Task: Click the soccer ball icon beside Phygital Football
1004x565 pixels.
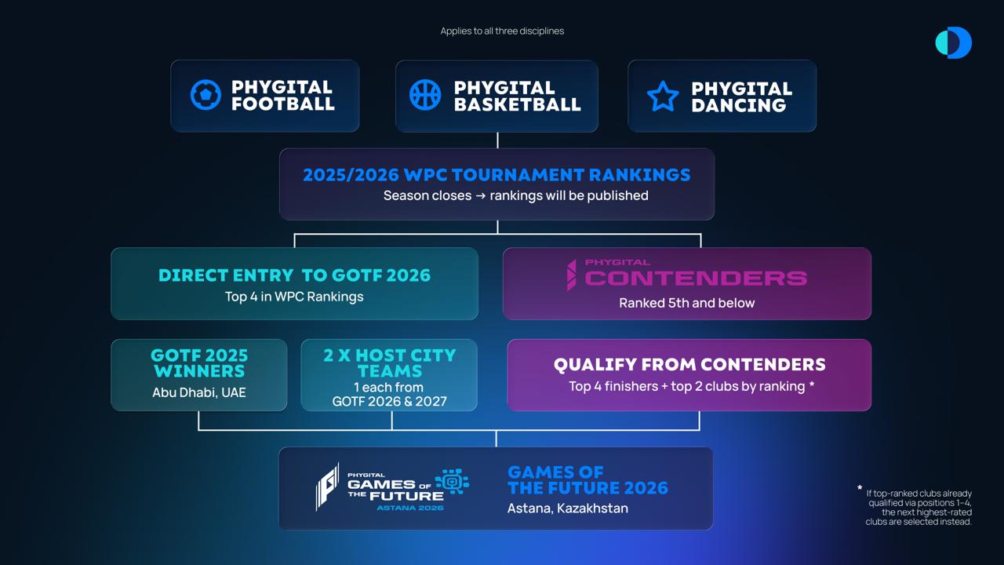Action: [x=206, y=95]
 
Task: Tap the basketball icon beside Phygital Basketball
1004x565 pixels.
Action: [x=425, y=95]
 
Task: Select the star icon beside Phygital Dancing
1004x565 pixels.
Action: [x=663, y=96]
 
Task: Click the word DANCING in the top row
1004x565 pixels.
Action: [x=739, y=106]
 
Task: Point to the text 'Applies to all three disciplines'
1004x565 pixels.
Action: [x=502, y=31]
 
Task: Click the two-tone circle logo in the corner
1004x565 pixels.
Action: [x=953, y=42]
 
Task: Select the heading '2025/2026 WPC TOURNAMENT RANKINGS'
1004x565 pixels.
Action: [x=497, y=175]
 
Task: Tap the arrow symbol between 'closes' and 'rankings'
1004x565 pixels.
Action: [x=481, y=196]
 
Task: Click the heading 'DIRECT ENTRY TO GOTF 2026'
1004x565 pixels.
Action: [x=294, y=275]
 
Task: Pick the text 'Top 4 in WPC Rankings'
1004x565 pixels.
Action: [x=294, y=297]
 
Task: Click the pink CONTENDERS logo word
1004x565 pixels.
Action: [x=696, y=279]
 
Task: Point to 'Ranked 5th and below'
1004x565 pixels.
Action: [x=686, y=303]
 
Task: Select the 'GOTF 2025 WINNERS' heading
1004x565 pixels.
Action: [x=199, y=363]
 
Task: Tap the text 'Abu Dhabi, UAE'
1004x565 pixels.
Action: [x=199, y=393]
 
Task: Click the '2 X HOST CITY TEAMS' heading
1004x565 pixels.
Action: [x=390, y=363]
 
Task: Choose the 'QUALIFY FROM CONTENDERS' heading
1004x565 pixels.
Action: [x=689, y=365]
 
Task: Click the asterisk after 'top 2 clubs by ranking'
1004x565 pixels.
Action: [x=812, y=385]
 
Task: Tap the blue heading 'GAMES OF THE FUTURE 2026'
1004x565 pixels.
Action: [x=587, y=480]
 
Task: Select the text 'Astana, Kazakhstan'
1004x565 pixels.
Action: [x=567, y=508]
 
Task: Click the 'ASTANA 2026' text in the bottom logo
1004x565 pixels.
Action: [x=410, y=508]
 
